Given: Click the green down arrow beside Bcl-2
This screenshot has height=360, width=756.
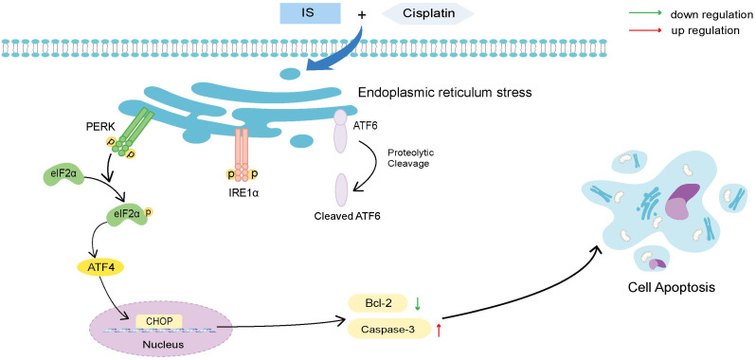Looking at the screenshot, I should tap(418, 303).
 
